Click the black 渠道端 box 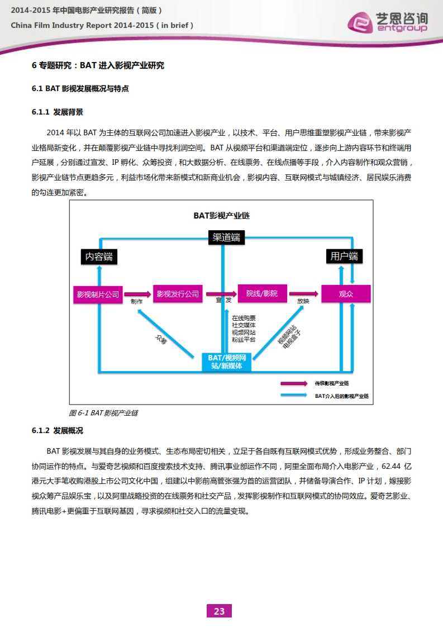pyautogui.click(x=226, y=237)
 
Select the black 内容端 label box pyautogui.click(x=99, y=256)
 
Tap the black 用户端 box pyautogui.click(x=344, y=256)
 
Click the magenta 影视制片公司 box pyautogui.click(x=98, y=294)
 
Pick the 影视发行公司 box pyautogui.click(x=178, y=294)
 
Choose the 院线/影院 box pyautogui.click(x=262, y=293)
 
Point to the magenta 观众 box pyautogui.click(x=346, y=294)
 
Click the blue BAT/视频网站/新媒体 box pyautogui.click(x=226, y=362)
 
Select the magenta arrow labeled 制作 pyautogui.click(x=137, y=294)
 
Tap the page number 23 pyautogui.click(x=219, y=611)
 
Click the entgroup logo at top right pyautogui.click(x=388, y=22)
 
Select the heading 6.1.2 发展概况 pyautogui.click(x=58, y=431)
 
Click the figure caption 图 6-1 pyautogui.click(x=103, y=413)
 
